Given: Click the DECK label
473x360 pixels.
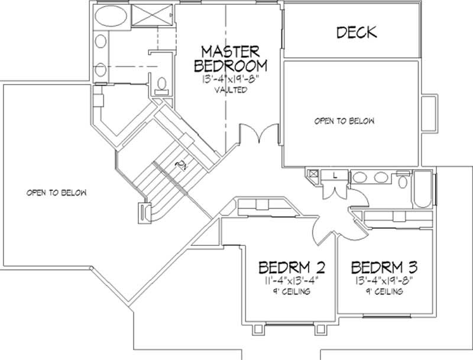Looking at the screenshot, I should click(x=357, y=32).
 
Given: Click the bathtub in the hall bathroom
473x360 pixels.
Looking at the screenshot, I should click(x=423, y=189).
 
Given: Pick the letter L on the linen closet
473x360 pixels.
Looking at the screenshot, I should click(x=335, y=176).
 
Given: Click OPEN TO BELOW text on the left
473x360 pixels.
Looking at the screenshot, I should click(x=57, y=193).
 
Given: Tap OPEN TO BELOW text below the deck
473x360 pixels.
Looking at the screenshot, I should click(x=344, y=121).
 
